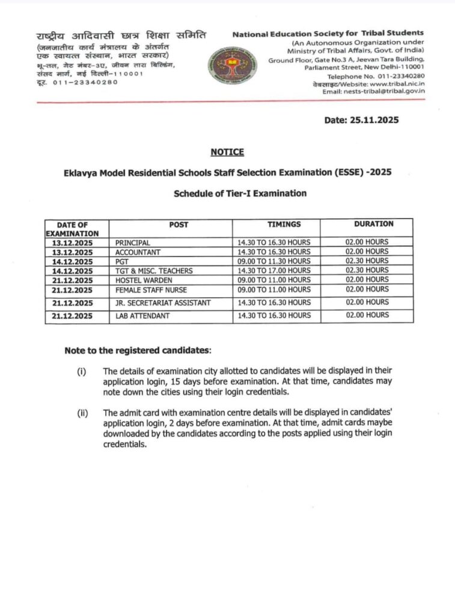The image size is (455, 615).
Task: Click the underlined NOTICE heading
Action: pyautogui.click(x=227, y=152)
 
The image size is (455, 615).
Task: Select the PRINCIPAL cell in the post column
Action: pyautogui.click(x=132, y=242)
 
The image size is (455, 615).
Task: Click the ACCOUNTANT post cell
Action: pyautogui.click(x=136, y=252)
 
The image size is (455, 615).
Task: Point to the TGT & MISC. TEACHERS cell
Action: pyautogui.click(x=153, y=271)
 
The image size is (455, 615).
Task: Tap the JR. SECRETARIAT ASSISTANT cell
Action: pyautogui.click(x=163, y=303)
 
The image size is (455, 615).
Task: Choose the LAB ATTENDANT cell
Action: pyautogui.click(x=142, y=316)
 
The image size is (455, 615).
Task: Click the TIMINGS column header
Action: pyautogui.click(x=276, y=224)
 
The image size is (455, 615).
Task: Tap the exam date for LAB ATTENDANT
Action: pyautogui.click(x=72, y=316)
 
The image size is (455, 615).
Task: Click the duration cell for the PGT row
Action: pyautogui.click(x=367, y=261)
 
